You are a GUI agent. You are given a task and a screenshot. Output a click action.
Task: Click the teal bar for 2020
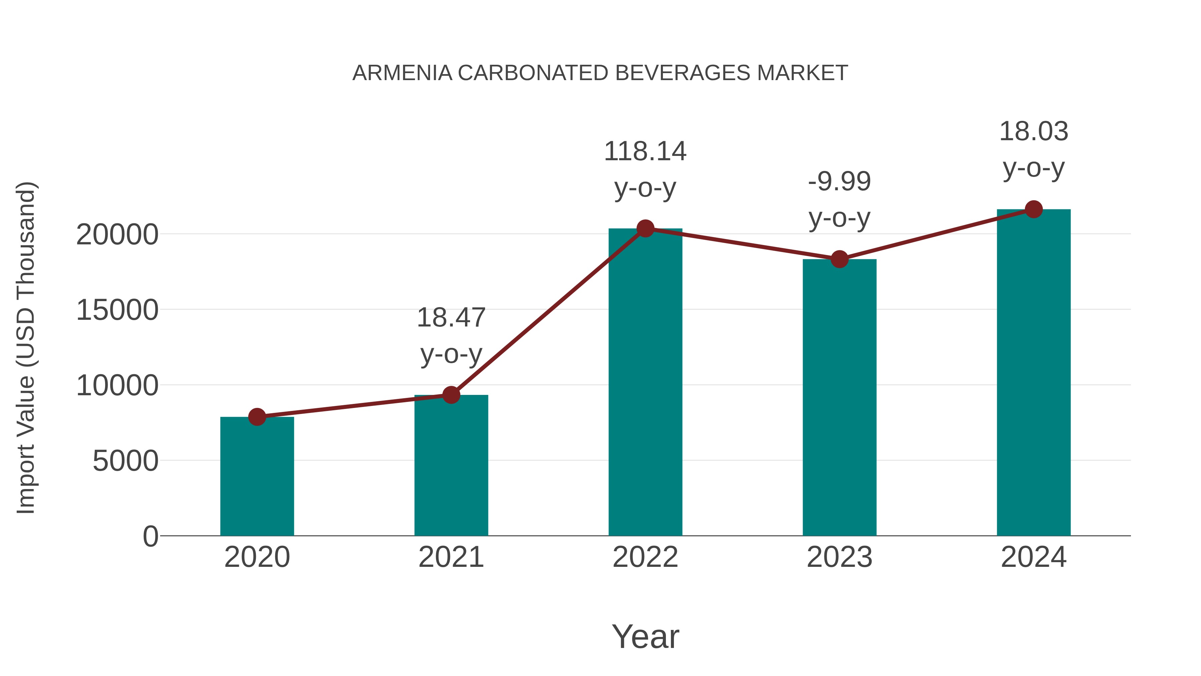click(x=257, y=476)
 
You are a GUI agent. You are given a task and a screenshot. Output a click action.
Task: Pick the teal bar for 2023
click(x=839, y=397)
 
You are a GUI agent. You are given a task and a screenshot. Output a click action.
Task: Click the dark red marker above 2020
click(x=257, y=417)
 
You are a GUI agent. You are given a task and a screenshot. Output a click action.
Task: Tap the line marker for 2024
click(x=1034, y=209)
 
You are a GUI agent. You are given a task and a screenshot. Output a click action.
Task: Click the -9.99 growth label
click(x=839, y=182)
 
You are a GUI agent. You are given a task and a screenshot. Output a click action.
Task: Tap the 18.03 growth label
click(x=1034, y=132)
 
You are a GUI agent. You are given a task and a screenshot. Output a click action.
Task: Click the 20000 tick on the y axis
click(x=117, y=235)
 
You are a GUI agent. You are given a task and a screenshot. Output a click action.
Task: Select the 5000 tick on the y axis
click(x=125, y=461)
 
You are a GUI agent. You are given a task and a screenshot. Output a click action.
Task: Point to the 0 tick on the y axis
click(x=150, y=536)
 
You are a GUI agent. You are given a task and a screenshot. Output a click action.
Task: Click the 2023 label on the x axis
click(x=839, y=557)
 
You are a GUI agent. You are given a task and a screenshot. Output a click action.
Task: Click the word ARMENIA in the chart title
click(x=402, y=73)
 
